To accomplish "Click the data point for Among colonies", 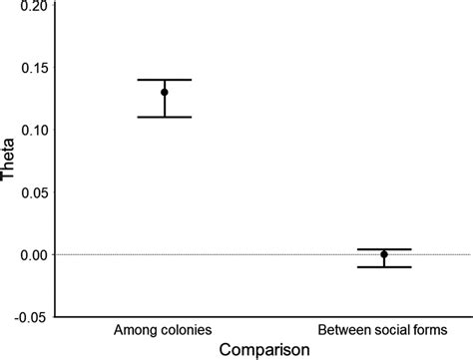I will click(165, 93).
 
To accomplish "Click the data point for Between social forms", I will click(383, 254).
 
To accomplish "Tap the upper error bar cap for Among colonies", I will click(165, 80).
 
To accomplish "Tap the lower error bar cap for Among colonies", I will click(165, 118).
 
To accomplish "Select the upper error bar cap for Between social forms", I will click(383, 249).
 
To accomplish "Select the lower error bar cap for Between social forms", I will click(383, 267).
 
